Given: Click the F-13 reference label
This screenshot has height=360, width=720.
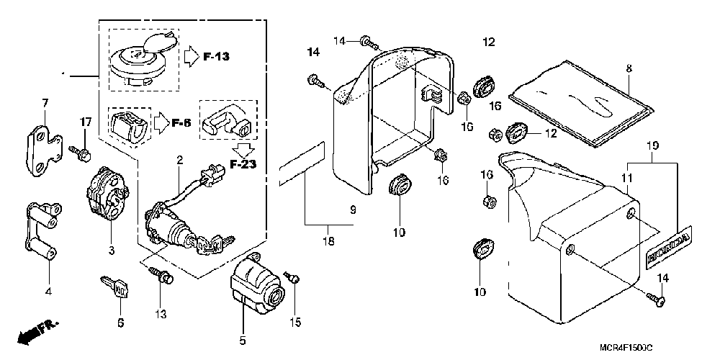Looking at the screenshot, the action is pyautogui.click(x=216, y=57).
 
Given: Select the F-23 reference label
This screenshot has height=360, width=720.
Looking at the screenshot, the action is pyautogui.click(x=243, y=164).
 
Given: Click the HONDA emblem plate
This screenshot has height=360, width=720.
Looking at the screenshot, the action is pyautogui.click(x=670, y=248).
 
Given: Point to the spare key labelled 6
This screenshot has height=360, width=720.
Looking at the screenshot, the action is pyautogui.click(x=114, y=288).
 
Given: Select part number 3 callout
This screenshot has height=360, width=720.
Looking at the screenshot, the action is pyautogui.click(x=112, y=251).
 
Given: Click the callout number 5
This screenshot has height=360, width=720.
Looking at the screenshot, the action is pyautogui.click(x=243, y=341).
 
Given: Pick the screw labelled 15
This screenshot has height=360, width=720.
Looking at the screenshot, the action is pyautogui.click(x=292, y=276).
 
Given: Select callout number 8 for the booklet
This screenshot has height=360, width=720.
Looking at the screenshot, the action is pyautogui.click(x=629, y=69).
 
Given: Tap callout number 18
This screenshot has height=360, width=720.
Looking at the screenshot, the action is pyautogui.click(x=330, y=241).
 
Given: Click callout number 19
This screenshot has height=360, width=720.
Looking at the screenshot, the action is pyautogui.click(x=652, y=145).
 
